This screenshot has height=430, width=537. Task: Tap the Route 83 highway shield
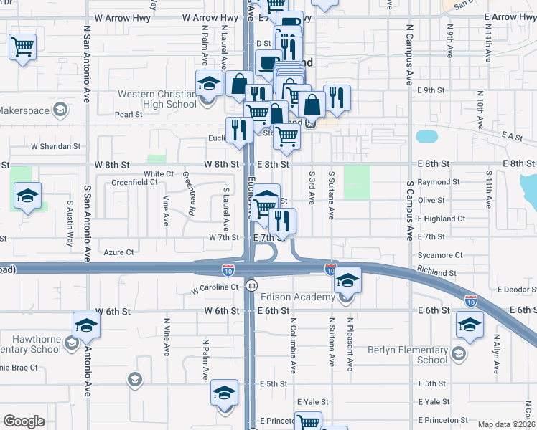coord(251,285)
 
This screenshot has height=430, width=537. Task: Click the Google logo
coord(24,421)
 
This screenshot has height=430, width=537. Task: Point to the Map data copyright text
coord(506,424)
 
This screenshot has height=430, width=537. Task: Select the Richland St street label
coord(437,273)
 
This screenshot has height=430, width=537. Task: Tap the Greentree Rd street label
coord(192,193)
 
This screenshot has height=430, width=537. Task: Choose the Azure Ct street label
coord(118,252)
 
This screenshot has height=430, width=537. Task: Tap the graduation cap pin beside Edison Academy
coord(348,279)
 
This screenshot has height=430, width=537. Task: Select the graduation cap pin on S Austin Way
coord(28,195)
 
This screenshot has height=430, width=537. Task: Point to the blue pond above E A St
coord(426,135)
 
